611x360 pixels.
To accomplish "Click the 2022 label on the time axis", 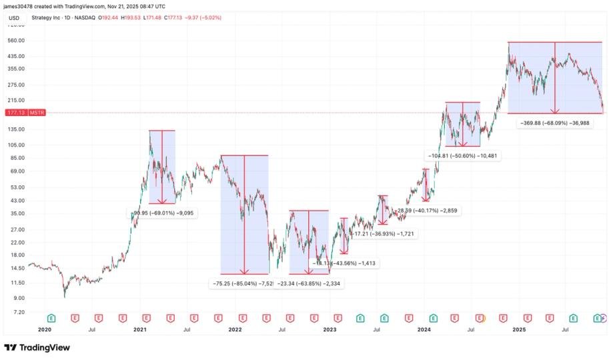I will click(234, 329).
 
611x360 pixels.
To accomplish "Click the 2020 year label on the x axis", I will click(45, 329).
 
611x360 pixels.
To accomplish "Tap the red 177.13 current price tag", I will click(15, 113).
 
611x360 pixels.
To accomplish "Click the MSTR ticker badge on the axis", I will click(37, 113).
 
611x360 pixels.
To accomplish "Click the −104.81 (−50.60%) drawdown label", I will click(463, 155).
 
